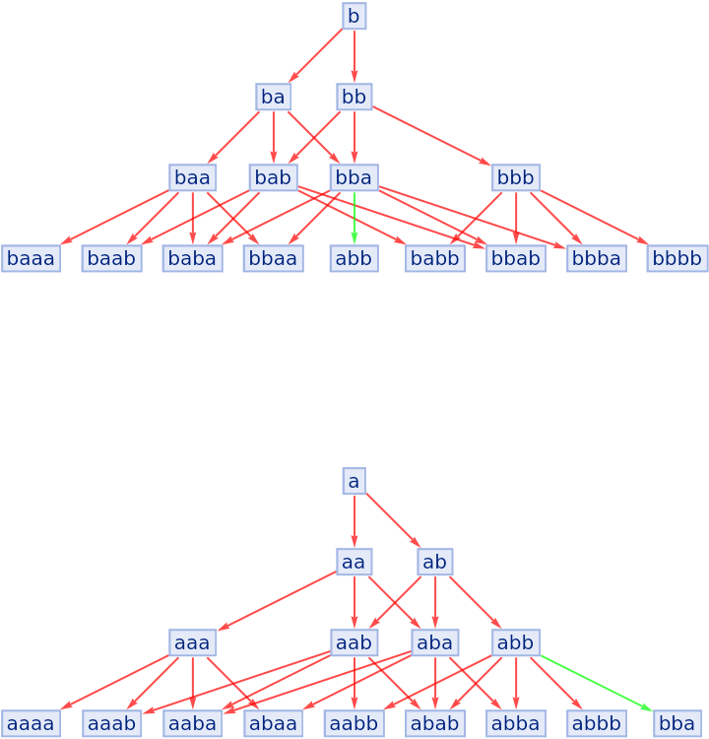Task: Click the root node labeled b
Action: click(x=354, y=16)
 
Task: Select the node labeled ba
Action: click(x=273, y=97)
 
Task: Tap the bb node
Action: click(x=354, y=97)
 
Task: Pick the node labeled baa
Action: click(x=192, y=177)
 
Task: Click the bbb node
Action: click(x=515, y=177)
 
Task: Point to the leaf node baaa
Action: click(x=31, y=258)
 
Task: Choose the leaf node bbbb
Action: click(x=677, y=258)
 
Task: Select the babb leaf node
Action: click(x=434, y=258)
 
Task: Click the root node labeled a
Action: click(x=354, y=481)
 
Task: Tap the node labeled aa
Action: click(x=354, y=562)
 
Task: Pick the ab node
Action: click(x=434, y=562)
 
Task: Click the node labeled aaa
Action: click(x=192, y=642)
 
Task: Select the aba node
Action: click(x=434, y=642)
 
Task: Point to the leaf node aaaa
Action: click(x=31, y=723)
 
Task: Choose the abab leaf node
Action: click(x=434, y=723)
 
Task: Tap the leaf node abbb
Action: click(x=596, y=723)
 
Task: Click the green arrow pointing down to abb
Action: click(x=354, y=217)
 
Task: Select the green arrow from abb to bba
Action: click(x=596, y=683)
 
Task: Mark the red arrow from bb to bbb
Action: click(x=433, y=136)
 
